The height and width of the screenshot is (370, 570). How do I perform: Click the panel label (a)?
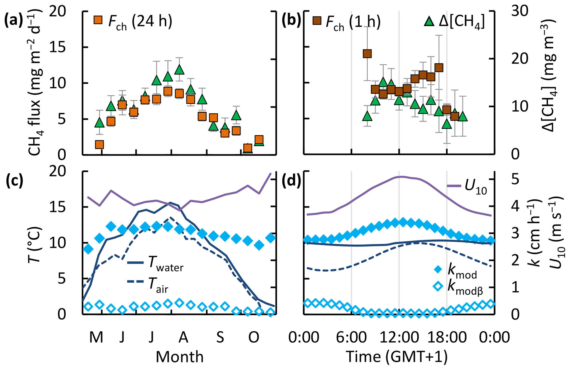click(13, 21)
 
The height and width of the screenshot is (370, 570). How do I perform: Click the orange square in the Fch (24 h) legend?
click(98, 20)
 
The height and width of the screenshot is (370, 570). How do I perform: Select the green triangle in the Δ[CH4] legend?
click(429, 21)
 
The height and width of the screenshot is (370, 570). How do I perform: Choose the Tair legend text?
click(158, 284)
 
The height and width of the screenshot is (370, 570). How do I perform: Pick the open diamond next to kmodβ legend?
click(438, 287)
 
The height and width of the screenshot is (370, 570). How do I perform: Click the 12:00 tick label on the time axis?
click(399, 337)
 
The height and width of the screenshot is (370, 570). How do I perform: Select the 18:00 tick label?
click(447, 337)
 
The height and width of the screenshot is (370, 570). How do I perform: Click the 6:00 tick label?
click(351, 337)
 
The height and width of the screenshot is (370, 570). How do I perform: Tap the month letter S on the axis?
click(220, 337)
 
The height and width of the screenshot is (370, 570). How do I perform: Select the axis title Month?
click(180, 357)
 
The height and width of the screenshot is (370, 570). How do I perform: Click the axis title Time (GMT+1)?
click(396, 357)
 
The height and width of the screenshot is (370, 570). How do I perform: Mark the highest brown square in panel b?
click(367, 54)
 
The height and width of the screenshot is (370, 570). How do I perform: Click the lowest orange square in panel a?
click(248, 148)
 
